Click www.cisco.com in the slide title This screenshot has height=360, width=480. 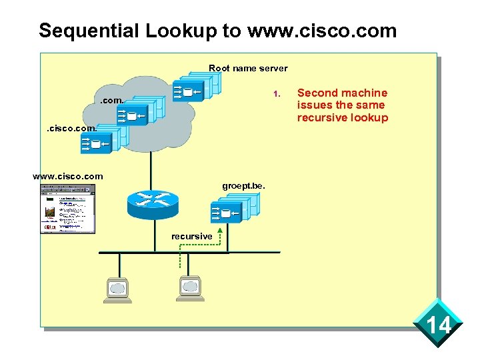[x=321, y=31]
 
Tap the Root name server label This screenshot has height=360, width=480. [x=248, y=68]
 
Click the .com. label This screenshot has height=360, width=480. [x=111, y=101]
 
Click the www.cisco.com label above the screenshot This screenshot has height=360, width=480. [x=68, y=176]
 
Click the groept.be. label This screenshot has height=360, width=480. [x=243, y=186]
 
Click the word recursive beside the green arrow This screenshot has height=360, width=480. [x=192, y=236]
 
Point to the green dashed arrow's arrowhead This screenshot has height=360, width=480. [x=220, y=231]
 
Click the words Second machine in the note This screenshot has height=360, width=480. [x=342, y=93]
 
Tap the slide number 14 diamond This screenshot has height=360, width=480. [x=438, y=325]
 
